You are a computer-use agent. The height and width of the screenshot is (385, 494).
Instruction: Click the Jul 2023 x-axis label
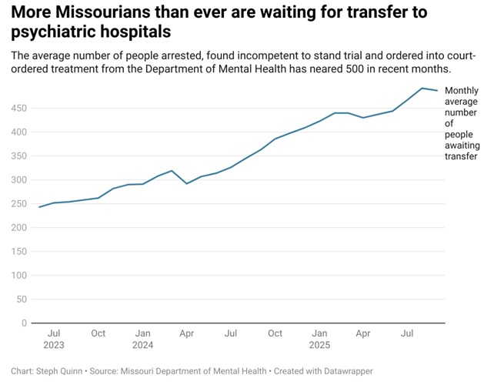pyautogui.click(x=54, y=340)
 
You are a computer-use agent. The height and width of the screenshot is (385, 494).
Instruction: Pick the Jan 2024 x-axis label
pyautogui.click(x=142, y=340)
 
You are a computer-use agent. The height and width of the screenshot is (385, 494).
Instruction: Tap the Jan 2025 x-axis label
pyautogui.click(x=320, y=340)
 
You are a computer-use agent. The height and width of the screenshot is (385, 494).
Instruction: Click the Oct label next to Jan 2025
pyautogui.click(x=275, y=334)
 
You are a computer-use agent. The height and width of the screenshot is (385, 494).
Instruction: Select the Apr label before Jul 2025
pyautogui.click(x=363, y=334)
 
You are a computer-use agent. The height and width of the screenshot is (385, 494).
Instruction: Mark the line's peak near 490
pyautogui.click(x=422, y=88)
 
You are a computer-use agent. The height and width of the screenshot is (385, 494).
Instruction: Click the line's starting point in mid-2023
pyautogui.click(x=39, y=207)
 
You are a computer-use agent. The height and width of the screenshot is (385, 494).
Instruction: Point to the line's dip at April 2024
pyautogui.click(x=187, y=183)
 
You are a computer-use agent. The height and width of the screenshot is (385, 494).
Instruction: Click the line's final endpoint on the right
pyautogui.click(x=437, y=91)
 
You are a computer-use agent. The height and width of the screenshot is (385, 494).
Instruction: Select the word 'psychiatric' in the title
pyautogui.click(x=53, y=33)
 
